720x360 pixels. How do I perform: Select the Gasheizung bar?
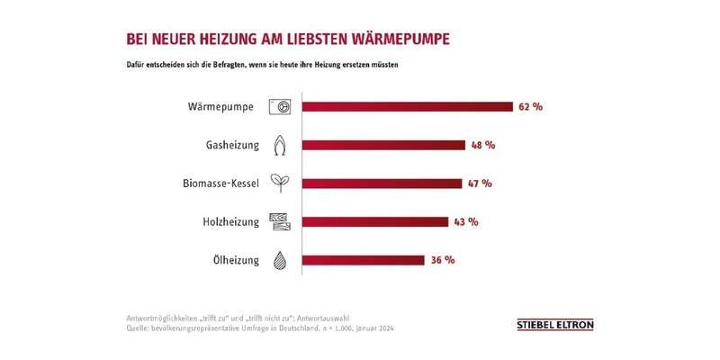click(x=383, y=145)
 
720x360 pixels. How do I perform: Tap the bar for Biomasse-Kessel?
click(x=382, y=184)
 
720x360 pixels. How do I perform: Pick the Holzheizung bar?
click(x=374, y=222)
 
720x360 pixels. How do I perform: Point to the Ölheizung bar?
click(x=363, y=261)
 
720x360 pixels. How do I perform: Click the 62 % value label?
click(x=531, y=106)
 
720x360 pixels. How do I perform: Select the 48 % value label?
click(x=484, y=145)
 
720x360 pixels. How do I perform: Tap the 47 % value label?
click(x=480, y=184)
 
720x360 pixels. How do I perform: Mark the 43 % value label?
click(x=463, y=222)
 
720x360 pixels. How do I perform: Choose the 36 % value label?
click(x=441, y=261)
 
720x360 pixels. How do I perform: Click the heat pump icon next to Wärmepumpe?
click(x=280, y=106)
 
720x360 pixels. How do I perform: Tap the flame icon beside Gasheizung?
click(x=280, y=145)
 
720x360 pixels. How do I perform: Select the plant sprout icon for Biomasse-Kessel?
click(x=280, y=184)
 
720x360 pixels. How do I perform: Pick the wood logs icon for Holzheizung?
click(x=280, y=222)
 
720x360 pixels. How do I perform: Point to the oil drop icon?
click(x=280, y=261)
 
